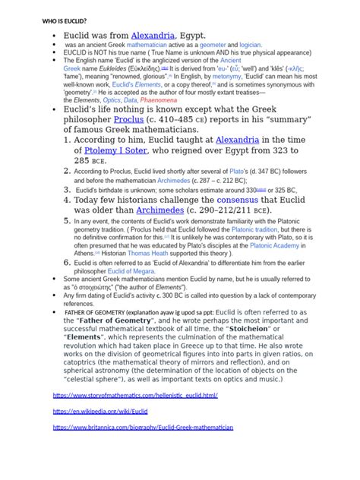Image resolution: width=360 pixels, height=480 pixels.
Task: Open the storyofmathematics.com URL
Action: pyautogui.click(x=134, y=396)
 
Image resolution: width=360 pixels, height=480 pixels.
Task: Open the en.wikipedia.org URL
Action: pyautogui.click(x=99, y=411)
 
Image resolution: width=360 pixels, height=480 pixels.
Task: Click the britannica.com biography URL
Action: pyautogui.click(x=143, y=428)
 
